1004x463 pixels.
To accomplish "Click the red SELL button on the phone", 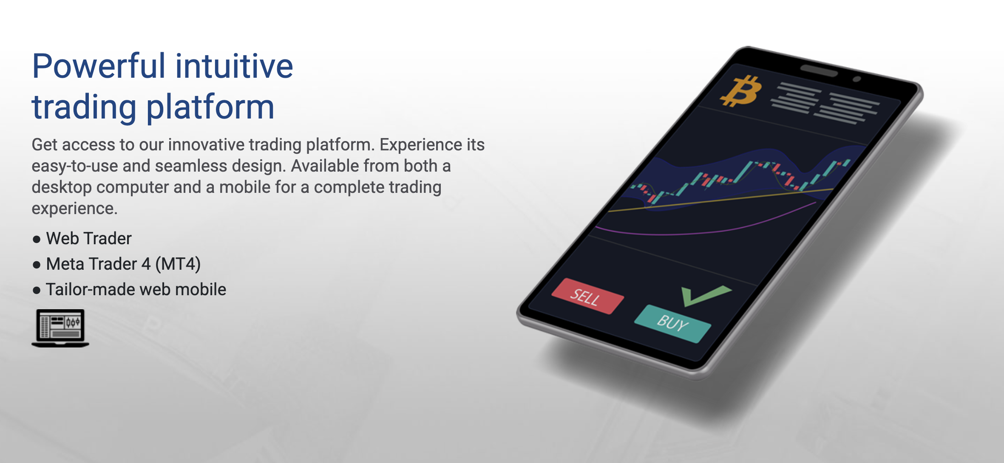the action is [588, 296].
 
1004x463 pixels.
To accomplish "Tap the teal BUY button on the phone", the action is [672, 323].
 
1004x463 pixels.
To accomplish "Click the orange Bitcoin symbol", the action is [741, 91].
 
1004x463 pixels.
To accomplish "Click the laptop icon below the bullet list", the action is [60, 328].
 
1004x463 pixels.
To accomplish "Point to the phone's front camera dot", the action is [857, 79].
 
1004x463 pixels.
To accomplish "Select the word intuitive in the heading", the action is [234, 66].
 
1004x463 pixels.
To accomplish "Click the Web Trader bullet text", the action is [89, 238].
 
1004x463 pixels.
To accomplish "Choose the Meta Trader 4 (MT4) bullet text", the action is [123, 264].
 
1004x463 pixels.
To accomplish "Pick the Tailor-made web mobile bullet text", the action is [136, 289].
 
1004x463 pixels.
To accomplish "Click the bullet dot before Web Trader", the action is [37, 240].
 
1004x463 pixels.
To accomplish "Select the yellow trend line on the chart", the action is [720, 199].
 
